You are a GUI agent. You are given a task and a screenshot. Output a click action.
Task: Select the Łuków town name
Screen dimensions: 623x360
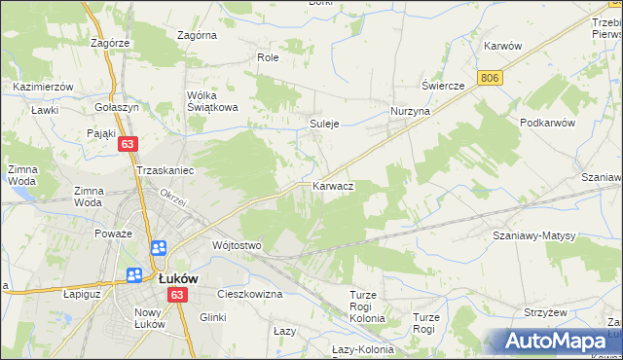pos(178,277)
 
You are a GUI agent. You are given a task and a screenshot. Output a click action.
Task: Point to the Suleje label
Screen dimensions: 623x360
pos(324,124)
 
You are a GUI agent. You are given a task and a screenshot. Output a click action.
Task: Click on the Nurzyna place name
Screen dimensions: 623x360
pos(410,112)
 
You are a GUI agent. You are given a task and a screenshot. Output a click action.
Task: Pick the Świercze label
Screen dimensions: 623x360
pos(443,85)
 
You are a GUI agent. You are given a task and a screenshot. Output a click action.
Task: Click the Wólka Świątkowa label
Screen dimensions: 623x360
pos(213,101)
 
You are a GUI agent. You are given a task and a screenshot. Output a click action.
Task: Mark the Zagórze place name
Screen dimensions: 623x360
pos(110,43)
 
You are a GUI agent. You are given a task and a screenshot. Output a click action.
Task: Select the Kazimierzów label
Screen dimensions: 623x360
pos(44,87)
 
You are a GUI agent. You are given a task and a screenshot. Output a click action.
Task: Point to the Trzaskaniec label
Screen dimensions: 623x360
pos(166,170)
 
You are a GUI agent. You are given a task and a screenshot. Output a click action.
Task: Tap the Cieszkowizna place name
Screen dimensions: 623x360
pos(249,293)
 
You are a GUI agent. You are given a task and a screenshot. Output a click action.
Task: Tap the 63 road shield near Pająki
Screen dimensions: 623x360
pos(128,144)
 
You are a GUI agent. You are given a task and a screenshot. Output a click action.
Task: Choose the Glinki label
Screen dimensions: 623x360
pos(213,316)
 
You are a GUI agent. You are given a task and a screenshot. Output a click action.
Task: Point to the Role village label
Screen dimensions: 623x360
pos(268,57)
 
